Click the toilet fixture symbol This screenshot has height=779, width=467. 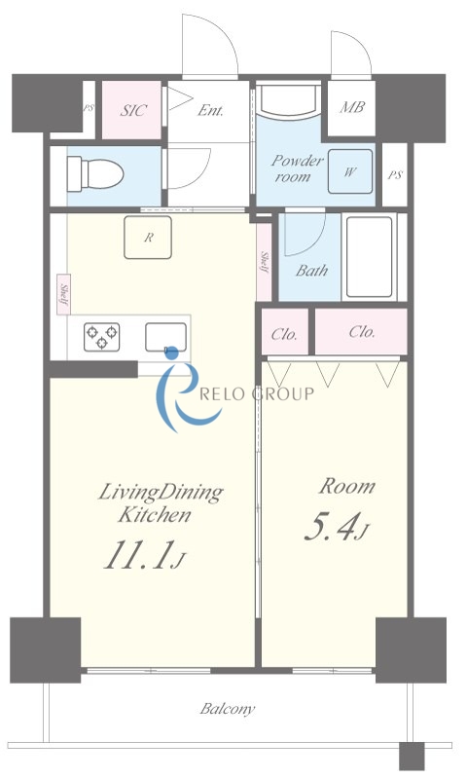pos(94,173)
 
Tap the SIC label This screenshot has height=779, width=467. pos(133,110)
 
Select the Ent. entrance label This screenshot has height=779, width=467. pos(210,110)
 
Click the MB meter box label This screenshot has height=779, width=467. pos(352,106)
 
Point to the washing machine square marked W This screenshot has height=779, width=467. pos(350,171)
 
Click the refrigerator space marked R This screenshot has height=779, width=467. pos(148,238)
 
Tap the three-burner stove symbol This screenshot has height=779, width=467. pos(102,336)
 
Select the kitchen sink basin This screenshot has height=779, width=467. pos(165,337)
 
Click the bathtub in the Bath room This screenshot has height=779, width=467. pos(370,257)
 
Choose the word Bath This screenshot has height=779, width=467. pos(311,271)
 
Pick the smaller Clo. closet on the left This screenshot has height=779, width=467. pos(285,332)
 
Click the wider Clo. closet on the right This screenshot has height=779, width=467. pos(361,331)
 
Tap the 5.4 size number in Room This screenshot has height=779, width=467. pos(329,528)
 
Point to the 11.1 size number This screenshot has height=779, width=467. pos(136,554)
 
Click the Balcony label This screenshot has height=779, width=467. pos(228,709)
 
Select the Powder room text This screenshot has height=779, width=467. pos(297,168)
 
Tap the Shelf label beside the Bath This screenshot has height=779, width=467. pos(265,263)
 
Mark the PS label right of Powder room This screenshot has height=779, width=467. pos(395,175)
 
